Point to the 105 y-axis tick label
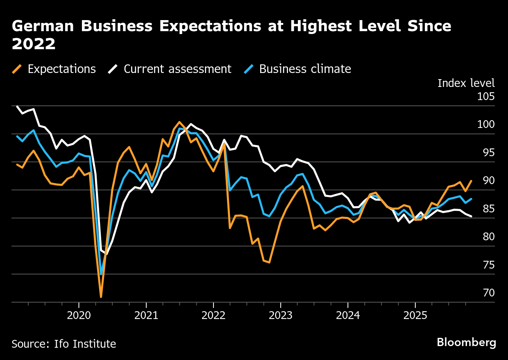(x=486, y=97)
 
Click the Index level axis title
(x=466, y=83)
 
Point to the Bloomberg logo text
(x=466, y=342)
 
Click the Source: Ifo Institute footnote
(x=63, y=344)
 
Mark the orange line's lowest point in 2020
(x=101, y=296)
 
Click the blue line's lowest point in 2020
(x=101, y=274)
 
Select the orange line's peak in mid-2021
(x=179, y=122)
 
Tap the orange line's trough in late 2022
(x=269, y=262)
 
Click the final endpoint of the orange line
(x=472, y=181)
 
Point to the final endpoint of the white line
(x=472, y=216)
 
